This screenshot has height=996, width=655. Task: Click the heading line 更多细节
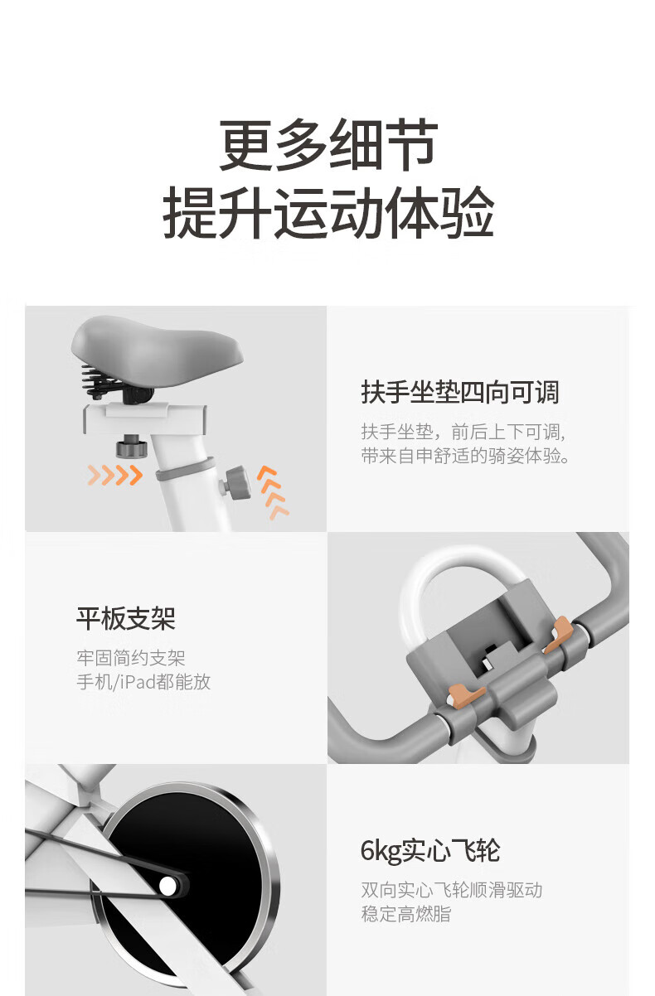pyautogui.click(x=329, y=145)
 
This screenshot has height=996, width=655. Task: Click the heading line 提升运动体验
pyautogui.click(x=329, y=212)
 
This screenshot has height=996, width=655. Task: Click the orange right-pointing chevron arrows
pyautogui.click(x=115, y=475)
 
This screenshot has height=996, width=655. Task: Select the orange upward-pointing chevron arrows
pyautogui.click(x=273, y=492)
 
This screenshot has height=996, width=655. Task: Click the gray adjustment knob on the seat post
pyautogui.click(x=235, y=483)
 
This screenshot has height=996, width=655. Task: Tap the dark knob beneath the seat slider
pyautogui.click(x=131, y=446)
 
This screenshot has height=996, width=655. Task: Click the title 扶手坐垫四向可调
pyautogui.click(x=460, y=392)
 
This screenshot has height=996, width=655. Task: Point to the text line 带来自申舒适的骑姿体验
pyautogui.click(x=465, y=456)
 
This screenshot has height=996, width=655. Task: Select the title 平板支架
pyautogui.click(x=126, y=618)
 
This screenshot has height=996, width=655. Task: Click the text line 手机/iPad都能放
pyautogui.click(x=143, y=682)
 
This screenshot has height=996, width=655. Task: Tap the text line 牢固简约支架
pyautogui.click(x=131, y=658)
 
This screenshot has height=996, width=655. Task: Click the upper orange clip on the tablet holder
pyautogui.click(x=559, y=634)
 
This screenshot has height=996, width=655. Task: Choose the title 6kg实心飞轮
pyautogui.click(x=430, y=851)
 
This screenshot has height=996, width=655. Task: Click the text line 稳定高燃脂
pyautogui.click(x=405, y=914)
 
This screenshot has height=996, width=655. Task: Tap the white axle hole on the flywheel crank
pyautogui.click(x=167, y=885)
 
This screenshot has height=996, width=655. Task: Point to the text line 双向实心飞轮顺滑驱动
pyautogui.click(x=452, y=890)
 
